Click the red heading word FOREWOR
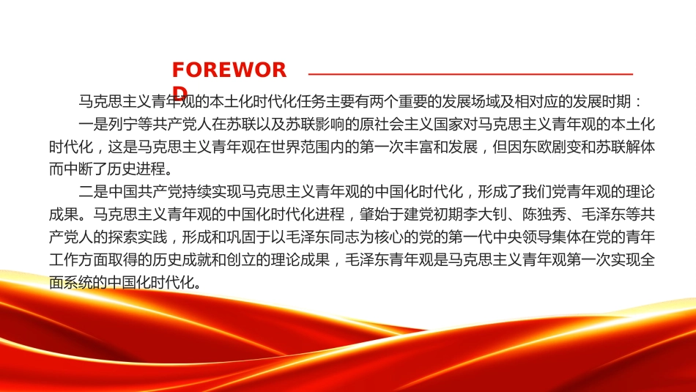click(229, 70)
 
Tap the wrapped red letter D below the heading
click(179, 92)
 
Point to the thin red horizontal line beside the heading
click(470, 74)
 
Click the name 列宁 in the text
click(123, 124)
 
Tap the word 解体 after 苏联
click(640, 147)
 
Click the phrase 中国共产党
click(145, 192)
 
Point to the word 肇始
click(374, 215)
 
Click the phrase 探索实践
click(138, 237)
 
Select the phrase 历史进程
click(138, 169)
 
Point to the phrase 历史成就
click(182, 259)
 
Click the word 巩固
click(241, 237)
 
